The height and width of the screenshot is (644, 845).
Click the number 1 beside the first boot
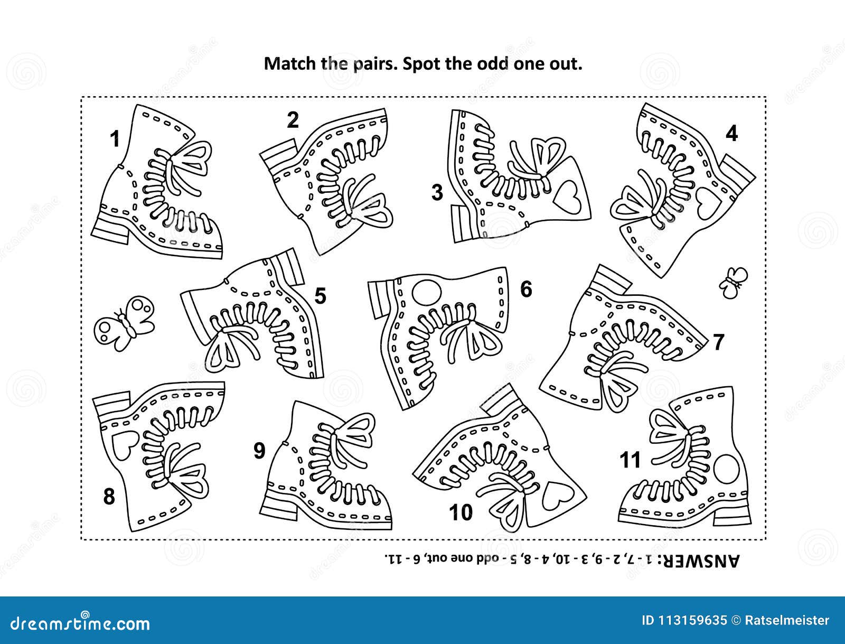point(115,139)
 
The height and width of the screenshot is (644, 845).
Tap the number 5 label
point(320,296)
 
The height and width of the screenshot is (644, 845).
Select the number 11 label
point(630,460)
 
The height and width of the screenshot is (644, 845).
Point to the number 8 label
point(109,497)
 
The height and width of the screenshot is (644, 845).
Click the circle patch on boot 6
point(426,292)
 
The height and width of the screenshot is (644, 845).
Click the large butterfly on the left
point(124,323)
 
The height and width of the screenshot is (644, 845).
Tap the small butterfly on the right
point(733,282)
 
